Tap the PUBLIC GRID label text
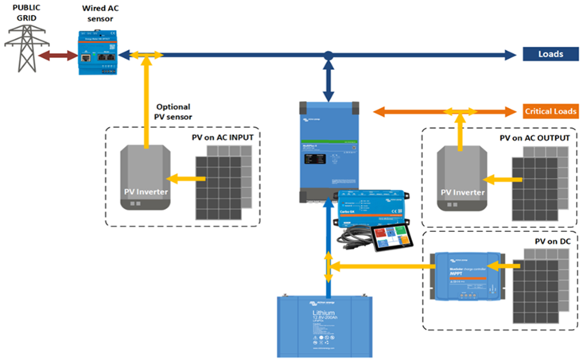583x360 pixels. [25, 11]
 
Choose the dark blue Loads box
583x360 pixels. [550, 54]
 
